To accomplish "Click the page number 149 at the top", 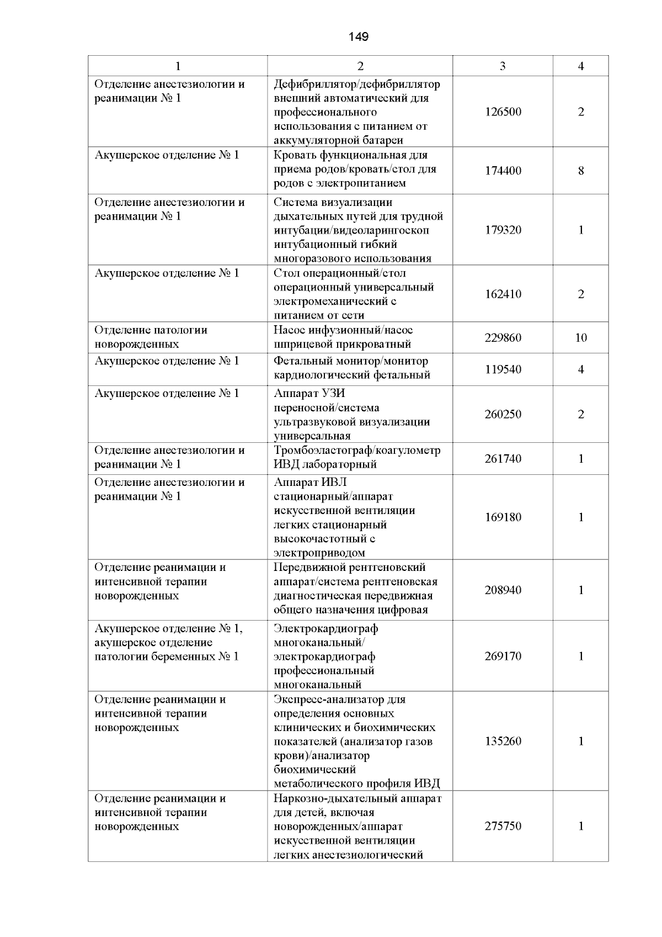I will [359, 37].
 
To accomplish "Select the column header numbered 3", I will [503, 66].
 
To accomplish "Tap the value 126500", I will [503, 112].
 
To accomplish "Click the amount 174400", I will [503, 171].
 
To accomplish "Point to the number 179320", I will [503, 230].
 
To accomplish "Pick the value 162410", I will [503, 294].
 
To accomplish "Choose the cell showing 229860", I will [503, 338].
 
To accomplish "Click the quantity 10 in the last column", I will [581, 338].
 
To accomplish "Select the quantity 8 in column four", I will [581, 171].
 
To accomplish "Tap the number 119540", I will [503, 369].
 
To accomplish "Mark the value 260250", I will [503, 415].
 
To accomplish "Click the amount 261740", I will [503, 459].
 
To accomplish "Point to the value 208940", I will [503, 590].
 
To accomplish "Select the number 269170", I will [503, 657].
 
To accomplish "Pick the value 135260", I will [503, 742].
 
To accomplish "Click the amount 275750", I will [503, 827].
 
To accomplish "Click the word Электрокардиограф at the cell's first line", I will [325, 629].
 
